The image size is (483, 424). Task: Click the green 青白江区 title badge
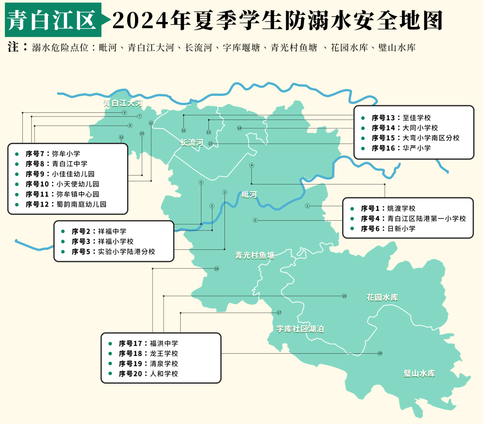click(53, 20)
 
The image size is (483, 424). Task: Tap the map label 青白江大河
click(123, 103)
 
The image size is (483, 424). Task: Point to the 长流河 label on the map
click(191, 143)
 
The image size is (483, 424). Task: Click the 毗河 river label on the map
click(249, 194)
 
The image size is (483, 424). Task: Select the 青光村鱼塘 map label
click(255, 256)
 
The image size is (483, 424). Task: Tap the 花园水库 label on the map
click(382, 297)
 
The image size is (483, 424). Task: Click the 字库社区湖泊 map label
click(300, 329)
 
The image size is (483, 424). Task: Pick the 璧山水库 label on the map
click(419, 373)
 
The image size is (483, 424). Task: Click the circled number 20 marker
click(380, 353)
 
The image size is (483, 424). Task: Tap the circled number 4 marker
click(252, 165)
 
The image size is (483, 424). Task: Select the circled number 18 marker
click(216, 269)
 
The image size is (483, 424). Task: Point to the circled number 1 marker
click(307, 206)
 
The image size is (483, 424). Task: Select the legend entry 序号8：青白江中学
click(56, 164)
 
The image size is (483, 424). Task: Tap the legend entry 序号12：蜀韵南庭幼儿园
click(66, 204)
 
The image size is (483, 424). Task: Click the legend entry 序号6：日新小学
click(388, 228)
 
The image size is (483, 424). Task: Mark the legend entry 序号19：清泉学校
click(148, 364)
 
